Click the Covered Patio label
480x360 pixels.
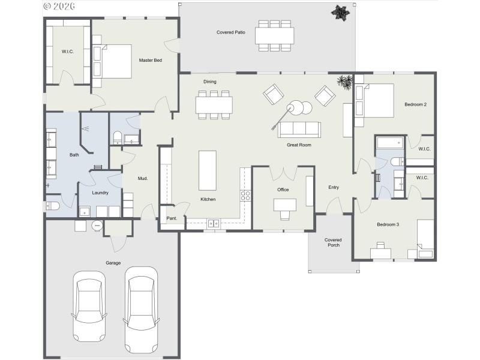(231, 32)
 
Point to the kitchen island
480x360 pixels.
(208, 170)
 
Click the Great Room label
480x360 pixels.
(298, 145)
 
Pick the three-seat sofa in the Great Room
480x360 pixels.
(298, 130)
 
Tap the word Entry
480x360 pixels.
(334, 188)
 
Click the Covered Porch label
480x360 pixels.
(333, 242)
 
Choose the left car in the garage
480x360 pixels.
(88, 305)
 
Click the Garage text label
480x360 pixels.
(113, 263)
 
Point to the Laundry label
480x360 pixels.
(100, 193)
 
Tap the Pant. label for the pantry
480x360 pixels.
(172, 218)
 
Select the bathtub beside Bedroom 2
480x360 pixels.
(390, 143)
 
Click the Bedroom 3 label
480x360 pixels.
(388, 224)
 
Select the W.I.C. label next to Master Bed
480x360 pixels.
(67, 52)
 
